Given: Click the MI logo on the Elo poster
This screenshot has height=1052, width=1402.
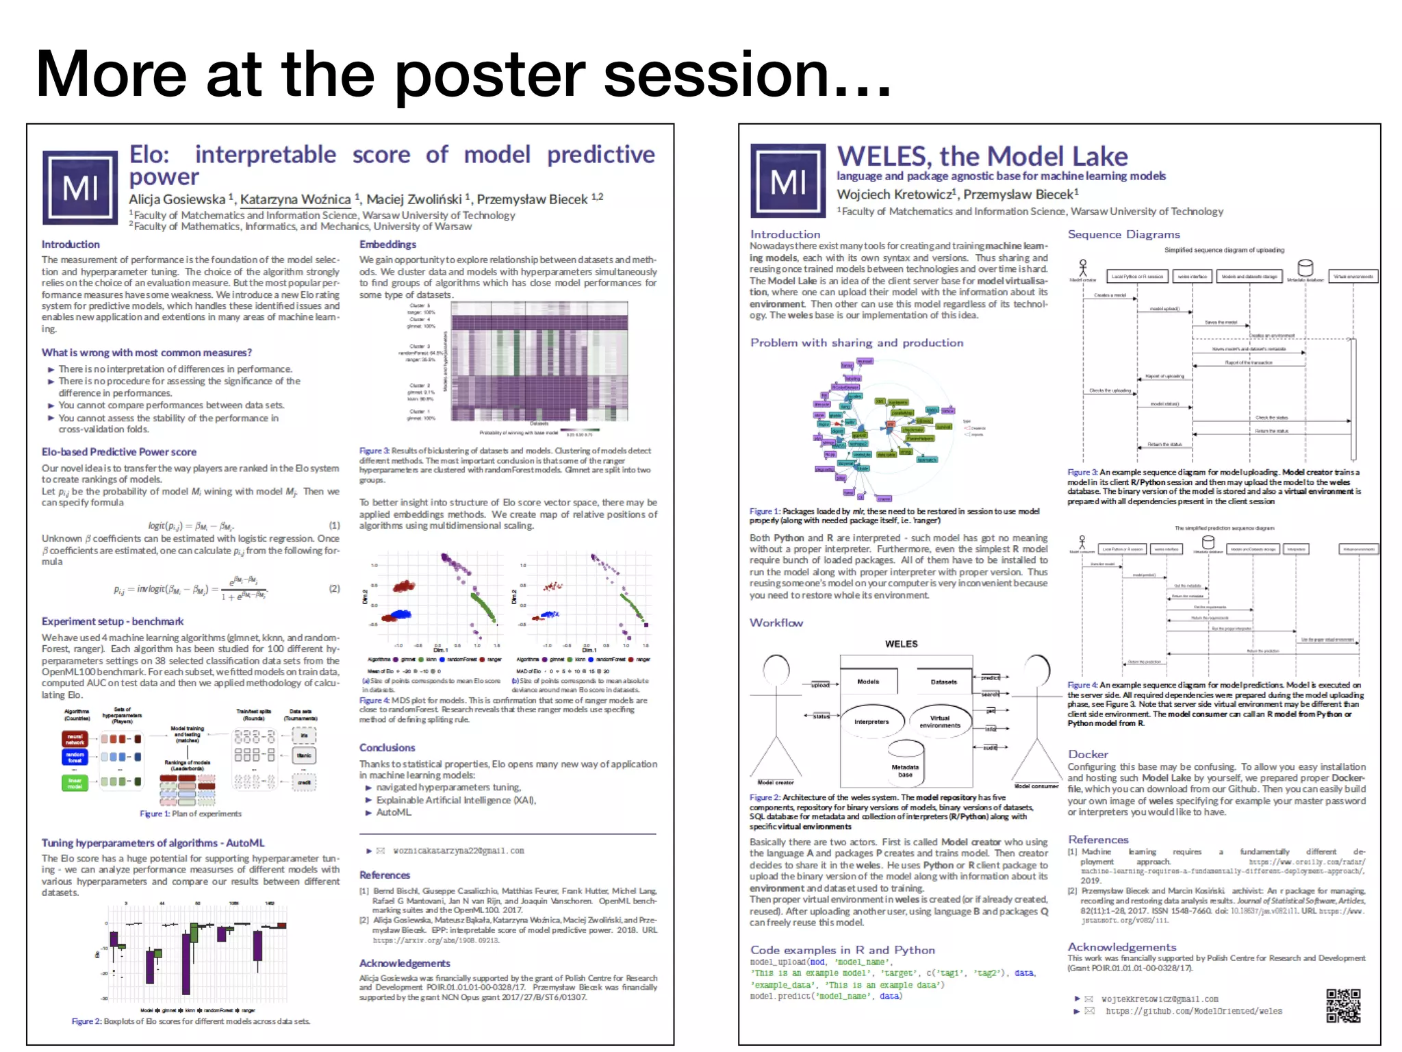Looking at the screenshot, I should click(80, 188).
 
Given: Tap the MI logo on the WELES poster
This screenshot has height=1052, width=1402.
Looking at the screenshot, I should click(788, 181).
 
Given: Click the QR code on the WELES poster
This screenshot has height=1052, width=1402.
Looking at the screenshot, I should click(1343, 1005).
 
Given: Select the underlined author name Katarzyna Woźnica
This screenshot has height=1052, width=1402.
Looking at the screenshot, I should click(295, 199).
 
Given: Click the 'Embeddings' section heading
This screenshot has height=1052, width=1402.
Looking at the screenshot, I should click(387, 245).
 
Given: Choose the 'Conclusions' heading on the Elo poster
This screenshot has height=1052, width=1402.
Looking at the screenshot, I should click(387, 748).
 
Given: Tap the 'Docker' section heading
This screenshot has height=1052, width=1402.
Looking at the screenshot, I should click(1088, 754).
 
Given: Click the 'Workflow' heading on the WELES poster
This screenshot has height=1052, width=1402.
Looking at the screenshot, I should click(776, 623).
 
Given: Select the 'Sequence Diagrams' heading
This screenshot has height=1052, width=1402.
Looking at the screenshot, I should click(1124, 234).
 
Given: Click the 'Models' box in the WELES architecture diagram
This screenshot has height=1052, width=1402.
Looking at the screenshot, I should click(868, 681).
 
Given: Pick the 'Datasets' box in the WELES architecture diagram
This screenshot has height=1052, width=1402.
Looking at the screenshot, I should click(943, 681).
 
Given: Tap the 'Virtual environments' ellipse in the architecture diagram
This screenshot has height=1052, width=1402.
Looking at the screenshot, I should click(940, 721).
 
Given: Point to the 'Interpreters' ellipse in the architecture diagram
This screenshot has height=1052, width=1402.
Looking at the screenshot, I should click(871, 721).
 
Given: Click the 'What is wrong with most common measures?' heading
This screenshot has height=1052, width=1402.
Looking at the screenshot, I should click(146, 353).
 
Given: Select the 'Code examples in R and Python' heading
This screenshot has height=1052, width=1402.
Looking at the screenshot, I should click(843, 950).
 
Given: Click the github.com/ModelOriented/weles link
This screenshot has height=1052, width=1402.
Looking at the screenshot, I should click(1194, 1011).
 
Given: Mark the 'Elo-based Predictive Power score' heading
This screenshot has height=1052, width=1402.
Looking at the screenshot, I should click(119, 452).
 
